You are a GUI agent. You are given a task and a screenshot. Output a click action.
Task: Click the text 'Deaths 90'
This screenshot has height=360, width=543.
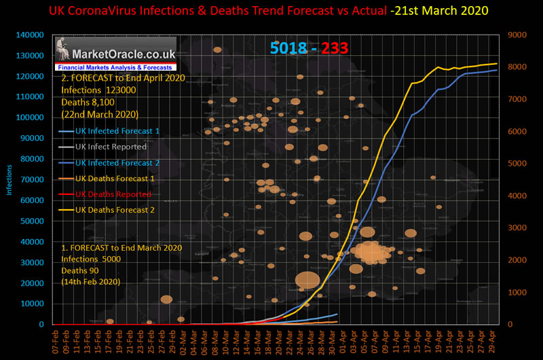(x=79, y=270)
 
